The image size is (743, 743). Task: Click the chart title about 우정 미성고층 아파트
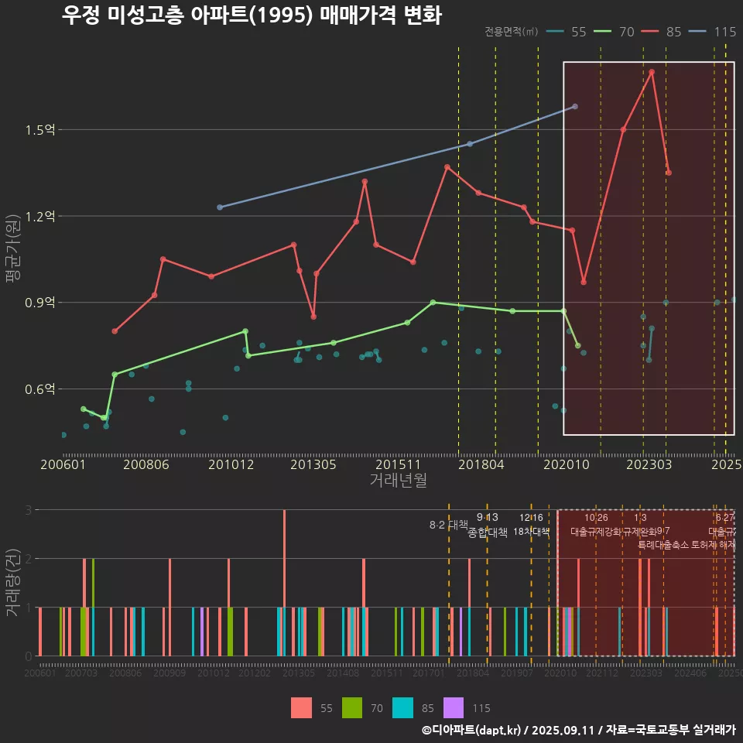(x=252, y=15)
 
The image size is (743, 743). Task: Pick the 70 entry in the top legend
(x=626, y=32)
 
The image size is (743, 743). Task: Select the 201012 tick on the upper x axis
(x=231, y=465)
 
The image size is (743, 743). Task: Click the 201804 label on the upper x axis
(x=480, y=465)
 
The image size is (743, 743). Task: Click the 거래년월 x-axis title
(x=398, y=481)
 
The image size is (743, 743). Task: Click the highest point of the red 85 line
(x=652, y=72)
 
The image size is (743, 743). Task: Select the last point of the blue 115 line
(x=574, y=106)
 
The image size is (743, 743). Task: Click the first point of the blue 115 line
(x=220, y=207)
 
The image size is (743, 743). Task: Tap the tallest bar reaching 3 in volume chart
(x=284, y=582)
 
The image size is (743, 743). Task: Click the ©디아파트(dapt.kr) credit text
(x=471, y=730)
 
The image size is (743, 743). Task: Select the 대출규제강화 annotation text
(x=596, y=532)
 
